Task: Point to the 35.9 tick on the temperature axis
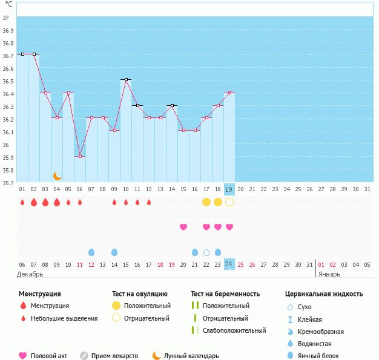[8, 158]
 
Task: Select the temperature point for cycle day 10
[126, 79]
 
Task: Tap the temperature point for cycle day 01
[22, 54]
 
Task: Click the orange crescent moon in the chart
[58, 176]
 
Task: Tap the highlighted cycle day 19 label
[229, 189]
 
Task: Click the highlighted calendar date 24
[229, 264]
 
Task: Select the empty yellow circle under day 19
[229, 202]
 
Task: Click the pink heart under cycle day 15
[183, 227]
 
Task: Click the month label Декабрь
[30, 274]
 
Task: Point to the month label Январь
[329, 274]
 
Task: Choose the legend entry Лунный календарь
[191, 356]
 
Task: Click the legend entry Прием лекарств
[115, 356]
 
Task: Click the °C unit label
[8, 4]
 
